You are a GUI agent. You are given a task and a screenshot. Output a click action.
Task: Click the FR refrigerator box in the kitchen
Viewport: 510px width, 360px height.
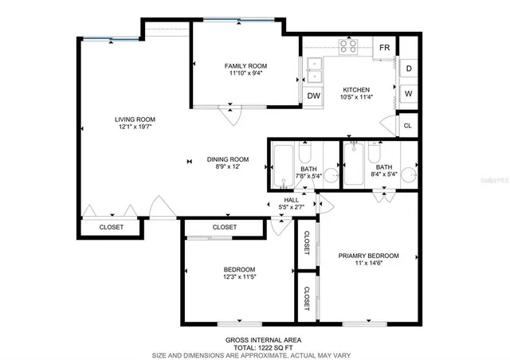(384, 48)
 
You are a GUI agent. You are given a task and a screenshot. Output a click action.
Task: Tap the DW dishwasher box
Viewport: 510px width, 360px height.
(314, 96)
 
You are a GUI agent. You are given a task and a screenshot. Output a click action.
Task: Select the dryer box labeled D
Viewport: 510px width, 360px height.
(408, 69)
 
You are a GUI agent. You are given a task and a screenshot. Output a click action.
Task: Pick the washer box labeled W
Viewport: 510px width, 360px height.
(408, 94)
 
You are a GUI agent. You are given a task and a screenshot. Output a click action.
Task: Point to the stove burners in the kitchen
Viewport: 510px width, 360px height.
(348, 47)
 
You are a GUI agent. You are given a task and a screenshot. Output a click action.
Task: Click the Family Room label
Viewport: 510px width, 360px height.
(245, 66)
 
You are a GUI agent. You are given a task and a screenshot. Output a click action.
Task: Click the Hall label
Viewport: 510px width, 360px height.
(292, 201)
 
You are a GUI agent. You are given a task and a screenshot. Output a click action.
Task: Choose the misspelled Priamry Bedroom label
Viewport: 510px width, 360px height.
(368, 256)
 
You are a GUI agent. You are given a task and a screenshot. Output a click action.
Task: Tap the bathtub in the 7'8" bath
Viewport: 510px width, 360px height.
(283, 167)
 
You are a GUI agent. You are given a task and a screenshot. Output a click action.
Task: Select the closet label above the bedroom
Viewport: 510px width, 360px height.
(225, 228)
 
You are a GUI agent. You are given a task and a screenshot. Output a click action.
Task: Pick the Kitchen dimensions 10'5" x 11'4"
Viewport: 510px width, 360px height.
(356, 98)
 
